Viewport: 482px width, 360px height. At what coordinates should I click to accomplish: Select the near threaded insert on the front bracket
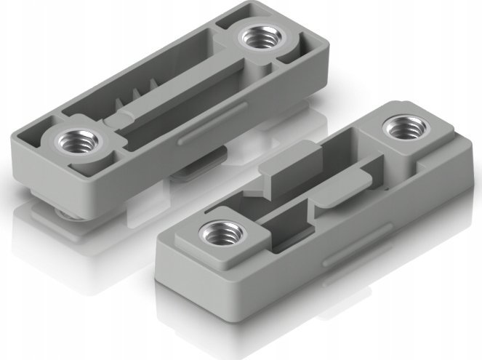point(217,233)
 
